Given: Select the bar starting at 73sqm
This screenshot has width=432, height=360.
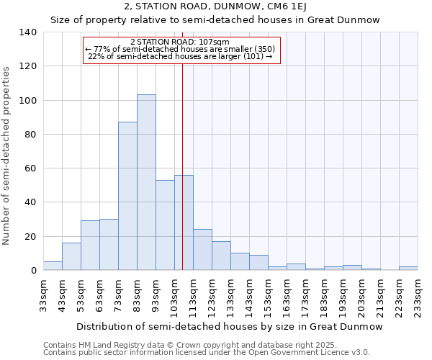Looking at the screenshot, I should pyautogui.click(x=127, y=196).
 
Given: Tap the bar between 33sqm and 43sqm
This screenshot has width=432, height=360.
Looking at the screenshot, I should pyautogui.click(x=53, y=266).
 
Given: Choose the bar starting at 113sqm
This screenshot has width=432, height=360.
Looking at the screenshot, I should pyautogui.click(x=202, y=249).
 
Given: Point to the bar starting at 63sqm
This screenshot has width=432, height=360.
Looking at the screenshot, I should pyautogui.click(x=109, y=244).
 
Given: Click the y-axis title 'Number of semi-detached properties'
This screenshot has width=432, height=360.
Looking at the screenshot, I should pyautogui.click(x=7, y=156).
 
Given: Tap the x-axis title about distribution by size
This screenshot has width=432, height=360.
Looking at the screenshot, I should pyautogui.click(x=229, y=326).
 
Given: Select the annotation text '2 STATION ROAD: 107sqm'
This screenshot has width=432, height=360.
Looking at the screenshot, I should pyautogui.click(x=181, y=42).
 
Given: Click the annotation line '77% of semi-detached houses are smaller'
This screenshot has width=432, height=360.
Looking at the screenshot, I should pyautogui.click(x=181, y=49).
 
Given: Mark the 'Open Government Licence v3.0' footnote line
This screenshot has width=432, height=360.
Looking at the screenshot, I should pyautogui.click(x=206, y=352).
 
